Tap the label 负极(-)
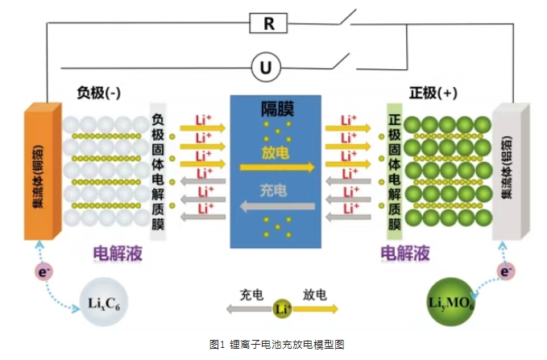99,93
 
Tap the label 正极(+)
433,93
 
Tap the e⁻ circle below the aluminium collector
505,272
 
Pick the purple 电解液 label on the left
118,253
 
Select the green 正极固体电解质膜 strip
394,172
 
